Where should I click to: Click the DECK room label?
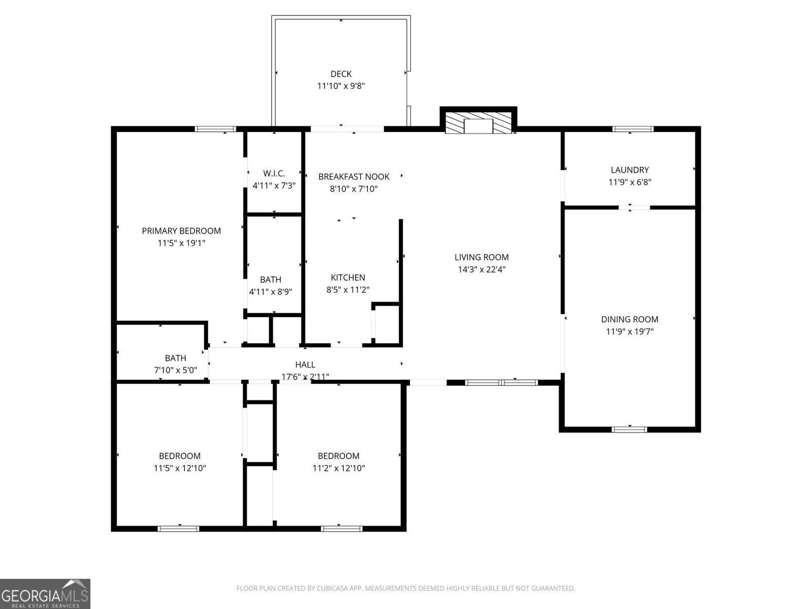341,74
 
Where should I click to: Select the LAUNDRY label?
629,170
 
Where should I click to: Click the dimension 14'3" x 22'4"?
482,269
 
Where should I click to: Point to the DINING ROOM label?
629,319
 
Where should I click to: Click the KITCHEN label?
348,278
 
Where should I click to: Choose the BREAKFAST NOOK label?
354,177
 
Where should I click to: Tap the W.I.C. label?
274,174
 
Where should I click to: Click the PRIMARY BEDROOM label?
181,231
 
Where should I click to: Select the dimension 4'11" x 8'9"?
270,292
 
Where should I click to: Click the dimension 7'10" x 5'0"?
175,370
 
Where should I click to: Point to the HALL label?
305,364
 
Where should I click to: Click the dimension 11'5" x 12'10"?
180,468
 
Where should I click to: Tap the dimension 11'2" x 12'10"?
339,468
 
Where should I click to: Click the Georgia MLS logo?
45,594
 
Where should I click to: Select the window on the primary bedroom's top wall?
216,129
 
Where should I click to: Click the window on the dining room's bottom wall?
629,429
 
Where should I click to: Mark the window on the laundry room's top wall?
632,129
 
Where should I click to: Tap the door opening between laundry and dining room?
634,207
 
